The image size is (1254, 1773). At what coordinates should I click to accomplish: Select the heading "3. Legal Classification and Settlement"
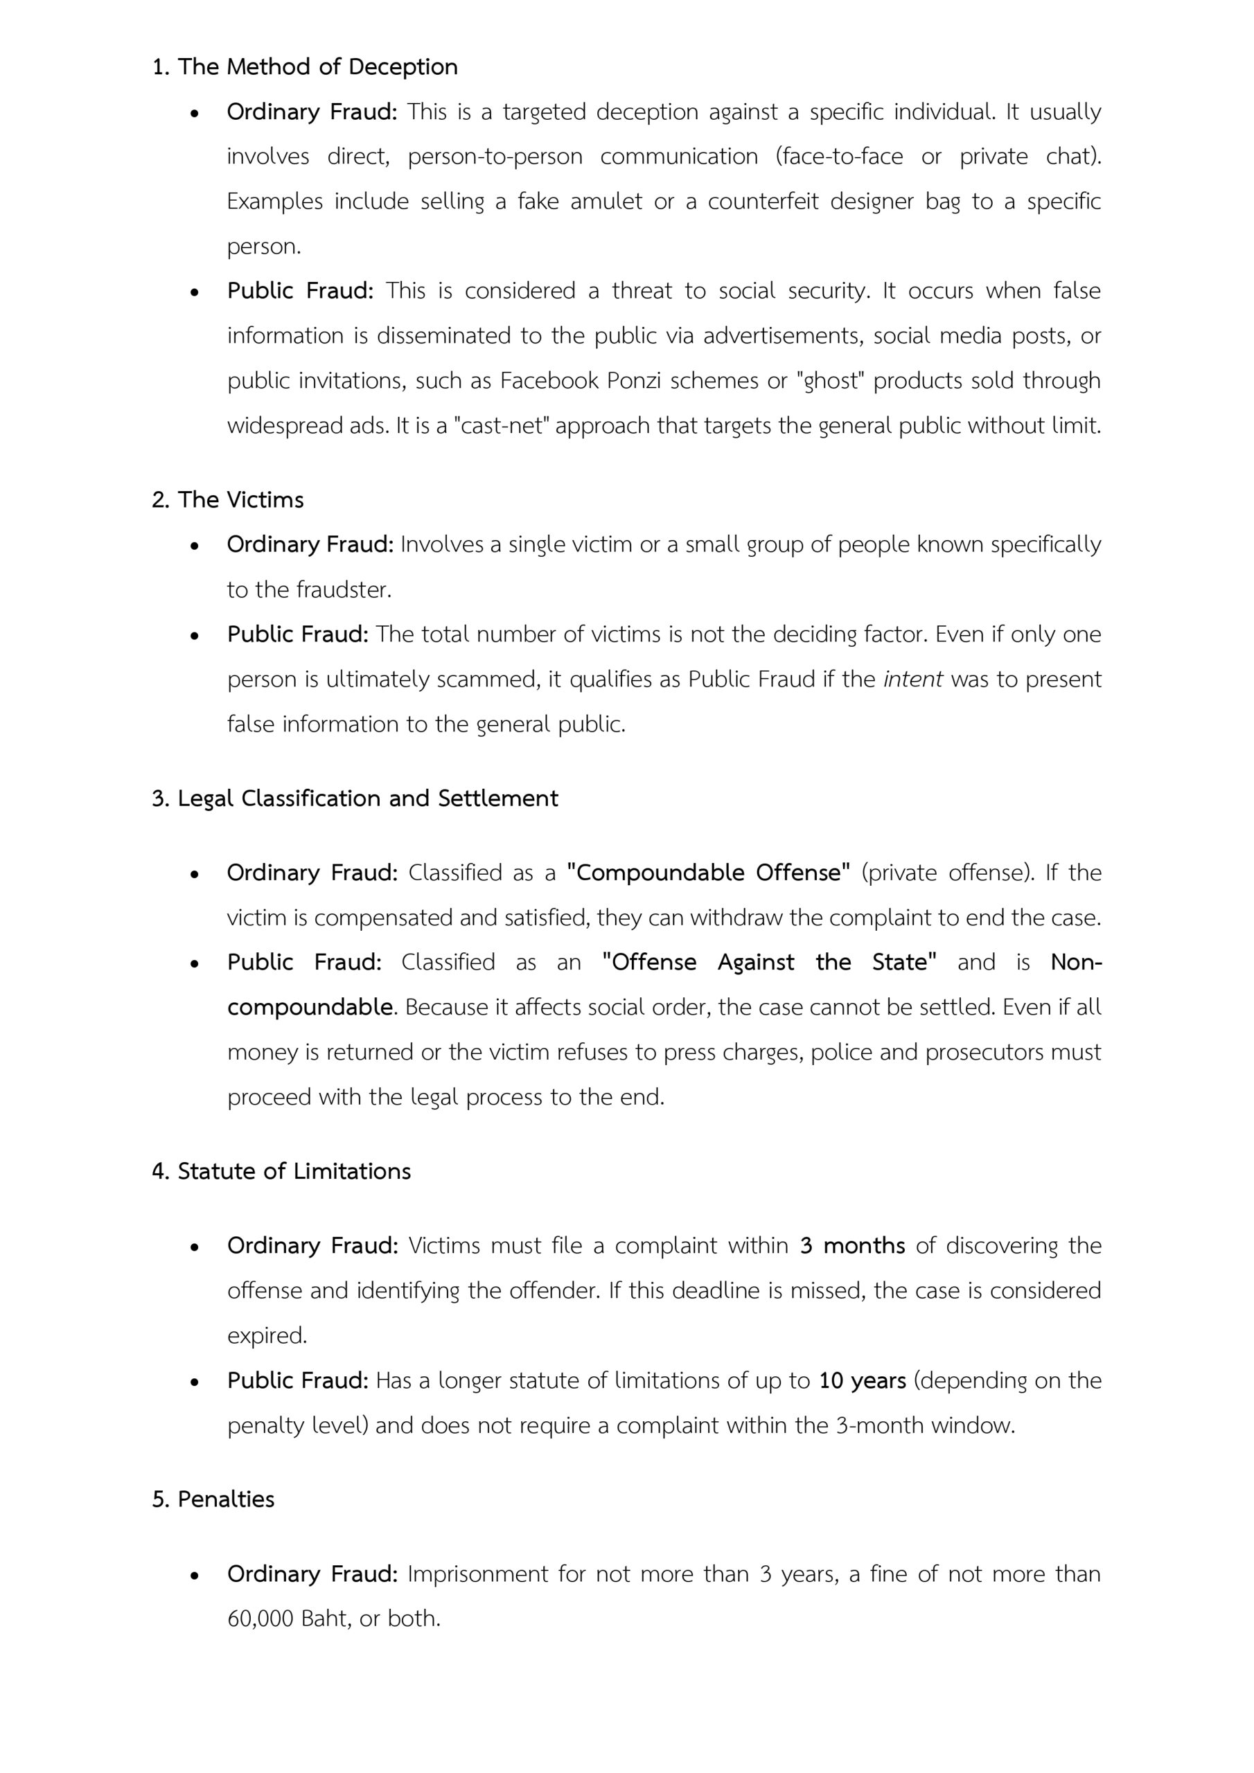pyautogui.click(x=355, y=798)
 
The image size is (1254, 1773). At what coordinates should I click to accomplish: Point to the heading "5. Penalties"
pyautogui.click(x=213, y=1498)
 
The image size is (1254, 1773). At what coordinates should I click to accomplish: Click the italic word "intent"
pyautogui.click(x=912, y=679)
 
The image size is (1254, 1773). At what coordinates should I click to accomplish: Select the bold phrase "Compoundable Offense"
pyautogui.click(x=708, y=873)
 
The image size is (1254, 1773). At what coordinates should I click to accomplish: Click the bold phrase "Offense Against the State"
pyautogui.click(x=770, y=962)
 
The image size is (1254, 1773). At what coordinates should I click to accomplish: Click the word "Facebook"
pyautogui.click(x=549, y=381)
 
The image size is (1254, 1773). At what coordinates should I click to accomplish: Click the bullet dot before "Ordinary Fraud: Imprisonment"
pyautogui.click(x=195, y=1576)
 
